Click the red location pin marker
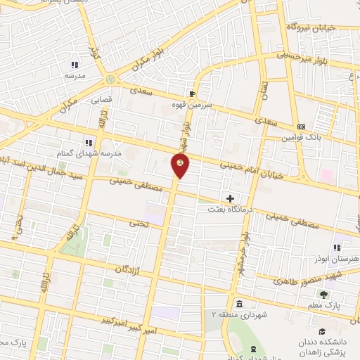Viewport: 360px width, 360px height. coord(181,166)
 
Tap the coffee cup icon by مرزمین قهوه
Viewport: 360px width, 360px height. coord(193,94)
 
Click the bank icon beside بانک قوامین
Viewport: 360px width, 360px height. coord(302,127)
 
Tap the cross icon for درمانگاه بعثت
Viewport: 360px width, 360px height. coord(230,199)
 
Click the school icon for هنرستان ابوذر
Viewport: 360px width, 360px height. coord(338,247)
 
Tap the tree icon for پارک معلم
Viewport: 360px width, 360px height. coord(323,295)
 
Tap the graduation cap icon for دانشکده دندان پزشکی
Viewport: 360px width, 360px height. coord(321,332)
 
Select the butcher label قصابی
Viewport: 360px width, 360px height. coord(101,100)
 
